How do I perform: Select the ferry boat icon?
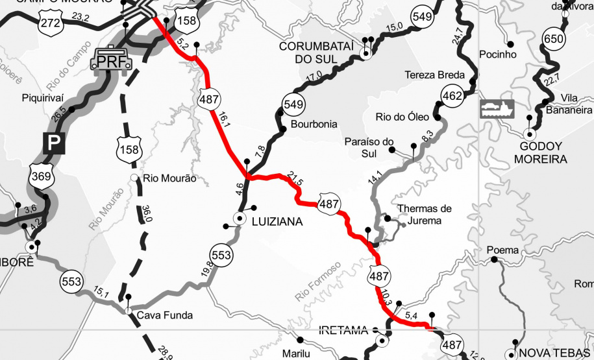[497, 108]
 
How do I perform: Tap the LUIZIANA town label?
[275, 222]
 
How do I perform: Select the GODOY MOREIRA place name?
[539, 152]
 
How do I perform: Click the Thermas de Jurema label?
[424, 215]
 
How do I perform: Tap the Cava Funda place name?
[165, 316]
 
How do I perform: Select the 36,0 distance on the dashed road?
[147, 214]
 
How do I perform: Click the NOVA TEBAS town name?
[555, 353]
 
